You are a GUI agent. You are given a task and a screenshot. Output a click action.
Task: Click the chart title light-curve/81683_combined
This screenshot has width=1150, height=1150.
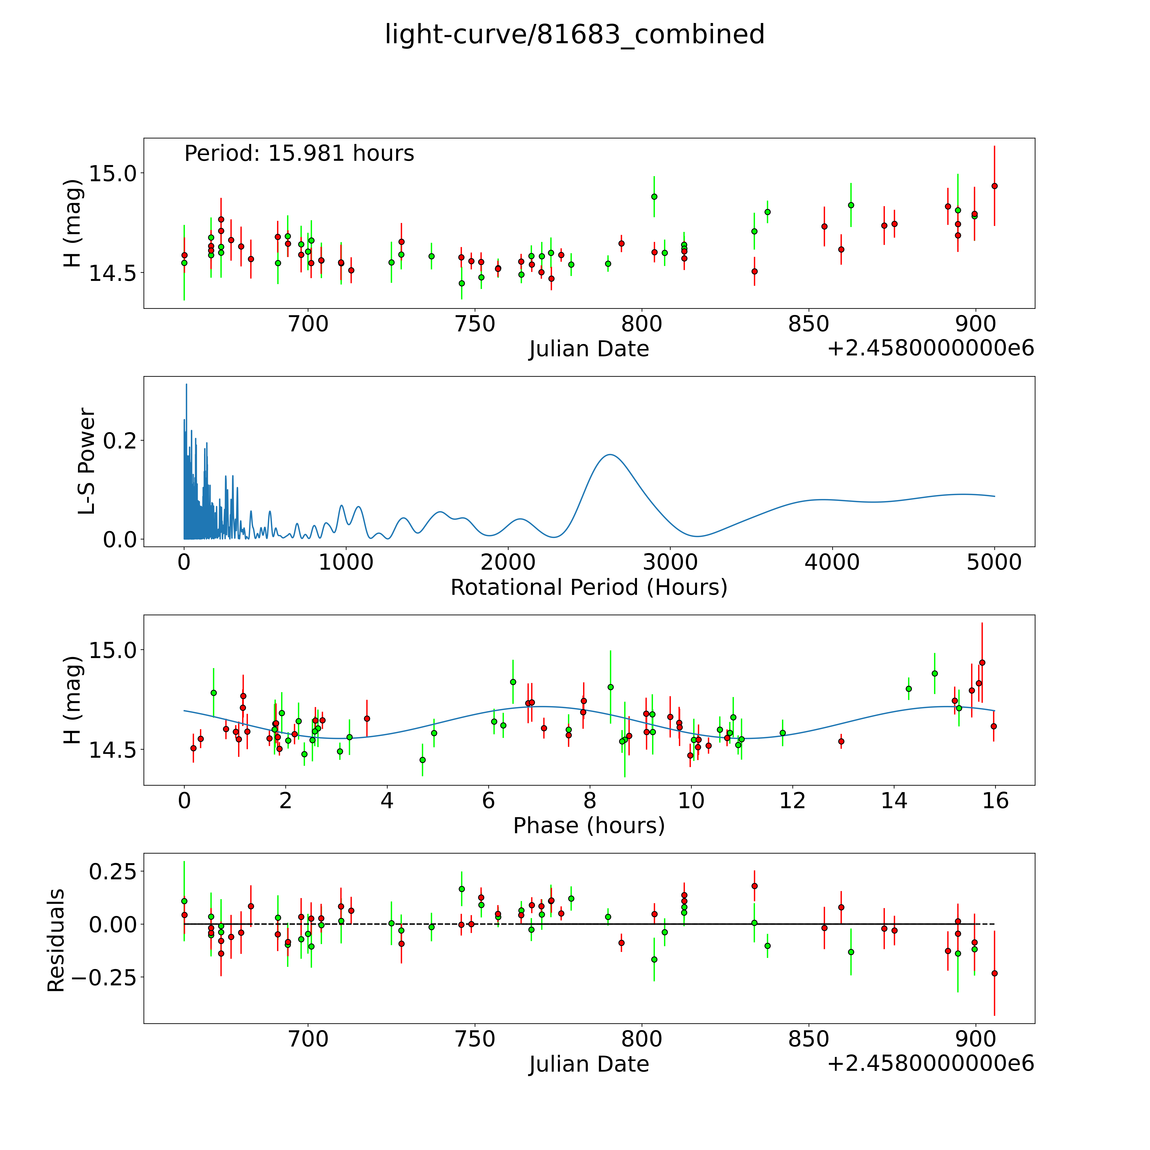pos(574,34)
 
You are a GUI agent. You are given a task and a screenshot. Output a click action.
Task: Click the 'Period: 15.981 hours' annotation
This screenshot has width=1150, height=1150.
pos(299,154)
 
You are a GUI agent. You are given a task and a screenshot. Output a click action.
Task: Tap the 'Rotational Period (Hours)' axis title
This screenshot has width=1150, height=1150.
pos(589,588)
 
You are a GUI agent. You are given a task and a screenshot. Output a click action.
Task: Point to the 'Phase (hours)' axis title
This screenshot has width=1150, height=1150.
pos(589,826)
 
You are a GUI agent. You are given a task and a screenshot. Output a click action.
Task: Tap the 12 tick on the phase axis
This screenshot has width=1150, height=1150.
pos(792,801)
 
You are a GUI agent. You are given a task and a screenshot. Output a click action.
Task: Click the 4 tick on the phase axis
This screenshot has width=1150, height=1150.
pos(387,801)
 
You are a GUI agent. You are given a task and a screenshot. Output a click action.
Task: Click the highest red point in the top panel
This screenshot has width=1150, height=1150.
pos(994,186)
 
